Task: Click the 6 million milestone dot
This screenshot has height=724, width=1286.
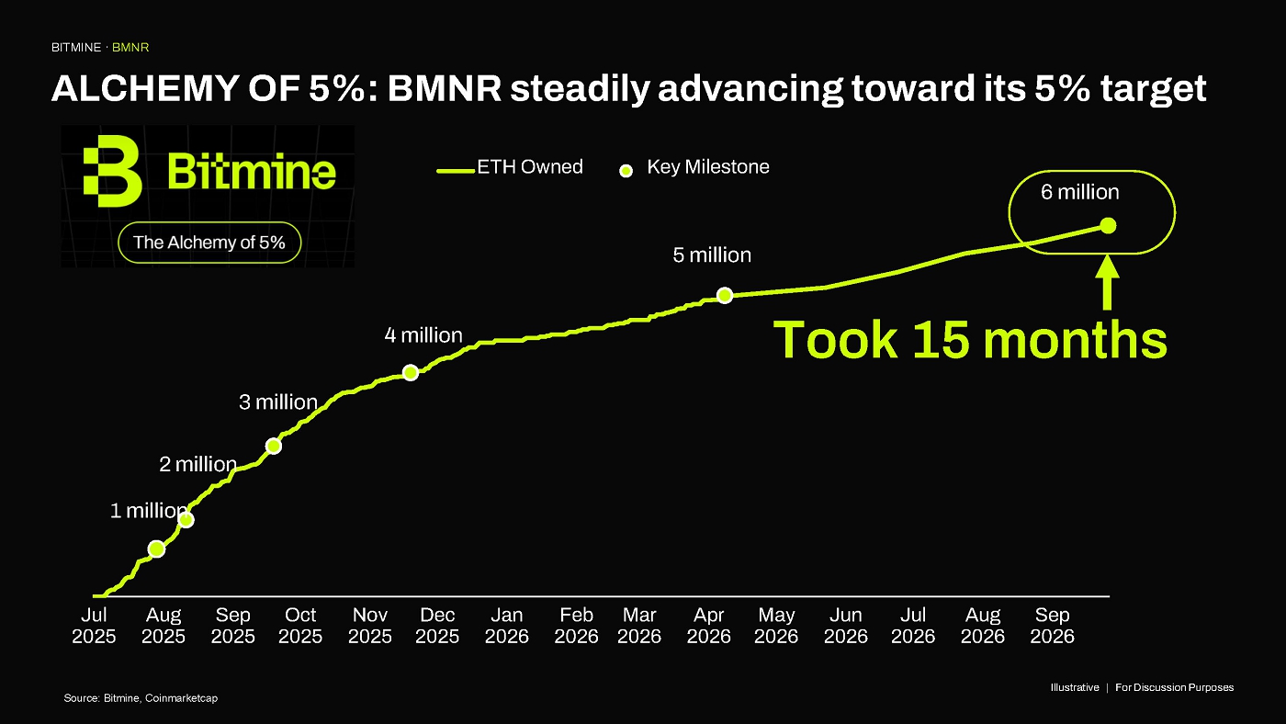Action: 1108,226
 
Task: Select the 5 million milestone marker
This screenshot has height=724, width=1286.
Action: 725,295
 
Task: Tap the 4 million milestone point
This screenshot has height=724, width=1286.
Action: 411,373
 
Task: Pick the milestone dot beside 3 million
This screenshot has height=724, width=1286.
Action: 274,447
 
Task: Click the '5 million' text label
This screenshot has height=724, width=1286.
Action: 712,255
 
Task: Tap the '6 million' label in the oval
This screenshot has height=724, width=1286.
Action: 1080,192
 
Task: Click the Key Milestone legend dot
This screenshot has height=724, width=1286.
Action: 626,171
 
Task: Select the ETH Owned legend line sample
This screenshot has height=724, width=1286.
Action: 456,171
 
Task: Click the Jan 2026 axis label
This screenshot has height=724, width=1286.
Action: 506,626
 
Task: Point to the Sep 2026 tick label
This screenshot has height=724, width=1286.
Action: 1052,626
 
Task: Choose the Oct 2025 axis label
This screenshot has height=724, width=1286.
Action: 300,626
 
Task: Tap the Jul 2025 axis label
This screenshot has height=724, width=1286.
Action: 94,626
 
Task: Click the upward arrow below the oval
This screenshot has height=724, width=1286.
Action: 1108,282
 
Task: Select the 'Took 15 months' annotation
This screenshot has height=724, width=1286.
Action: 970,340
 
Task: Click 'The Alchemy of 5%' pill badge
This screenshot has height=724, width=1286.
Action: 209,243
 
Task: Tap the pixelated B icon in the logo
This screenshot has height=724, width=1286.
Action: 112,171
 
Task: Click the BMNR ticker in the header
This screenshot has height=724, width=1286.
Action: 130,48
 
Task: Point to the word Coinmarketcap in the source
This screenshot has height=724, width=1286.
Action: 182,698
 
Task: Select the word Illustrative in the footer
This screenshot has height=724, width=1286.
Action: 1075,687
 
